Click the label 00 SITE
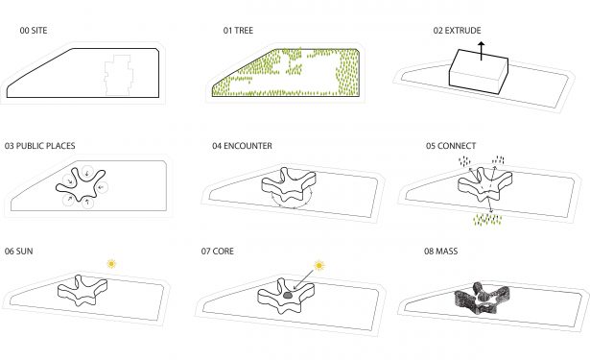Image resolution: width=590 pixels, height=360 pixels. pos(34,31)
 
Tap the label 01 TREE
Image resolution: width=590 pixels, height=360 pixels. pos(238,31)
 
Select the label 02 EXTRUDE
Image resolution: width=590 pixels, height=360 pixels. pos(458,31)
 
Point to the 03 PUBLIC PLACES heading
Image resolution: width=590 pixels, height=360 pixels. pos(40,146)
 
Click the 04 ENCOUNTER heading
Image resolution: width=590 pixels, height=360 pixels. pos(242,146)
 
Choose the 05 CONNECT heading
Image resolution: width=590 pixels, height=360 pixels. pos(451,146)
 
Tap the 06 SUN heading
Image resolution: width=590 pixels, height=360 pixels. pos(19,252)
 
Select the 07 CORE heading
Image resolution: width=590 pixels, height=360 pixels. pos(218,252)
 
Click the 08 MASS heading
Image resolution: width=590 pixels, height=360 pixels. pos(441,252)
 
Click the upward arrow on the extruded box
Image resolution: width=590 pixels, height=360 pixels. pos(482,51)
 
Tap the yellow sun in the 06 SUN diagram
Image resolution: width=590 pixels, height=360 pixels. pos(111,264)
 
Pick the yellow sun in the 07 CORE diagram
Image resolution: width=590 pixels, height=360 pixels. pos(319,266)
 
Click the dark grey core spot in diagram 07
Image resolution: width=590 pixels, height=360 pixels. pos(288,296)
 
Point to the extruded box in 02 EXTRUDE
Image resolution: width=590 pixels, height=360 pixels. pos(479,72)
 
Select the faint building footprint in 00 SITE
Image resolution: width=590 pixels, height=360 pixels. pos(119,75)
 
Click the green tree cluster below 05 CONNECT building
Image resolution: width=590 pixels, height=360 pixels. pos(487,220)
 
